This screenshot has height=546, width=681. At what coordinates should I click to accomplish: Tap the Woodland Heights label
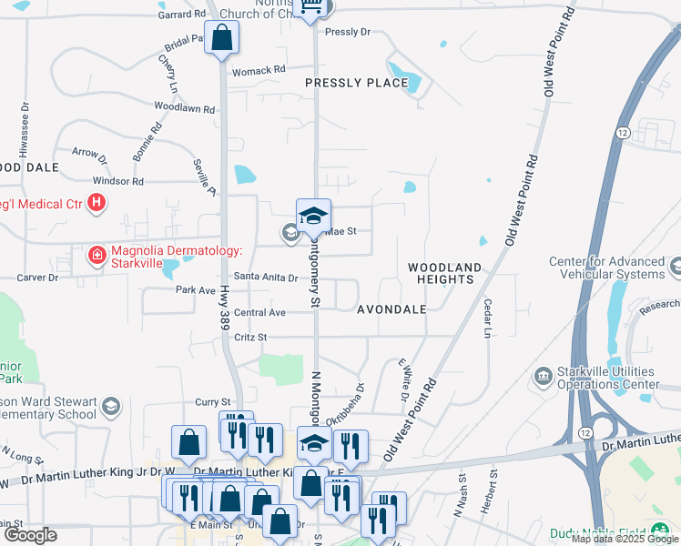[x=443, y=273]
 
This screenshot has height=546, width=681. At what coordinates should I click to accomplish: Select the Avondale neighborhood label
[x=391, y=309]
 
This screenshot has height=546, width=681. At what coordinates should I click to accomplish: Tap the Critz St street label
[x=249, y=337]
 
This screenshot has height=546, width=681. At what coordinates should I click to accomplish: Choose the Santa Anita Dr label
[x=266, y=277]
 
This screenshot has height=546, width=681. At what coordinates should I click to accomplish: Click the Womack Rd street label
[x=258, y=70]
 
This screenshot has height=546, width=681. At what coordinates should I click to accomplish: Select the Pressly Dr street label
[x=348, y=32]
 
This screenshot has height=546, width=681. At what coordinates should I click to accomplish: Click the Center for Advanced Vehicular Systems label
[x=606, y=268]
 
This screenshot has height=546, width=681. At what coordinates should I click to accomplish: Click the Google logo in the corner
[x=30, y=535]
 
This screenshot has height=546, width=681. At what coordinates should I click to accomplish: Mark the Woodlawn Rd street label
[x=184, y=108]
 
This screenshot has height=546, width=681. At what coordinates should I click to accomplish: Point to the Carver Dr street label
[x=40, y=277]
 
